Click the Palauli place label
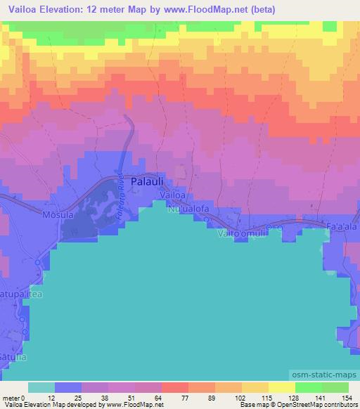(x=152, y=179)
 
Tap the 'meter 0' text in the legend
(x=13, y=397)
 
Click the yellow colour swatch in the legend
(x=281, y=387)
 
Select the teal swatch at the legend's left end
(x=41, y=387)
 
